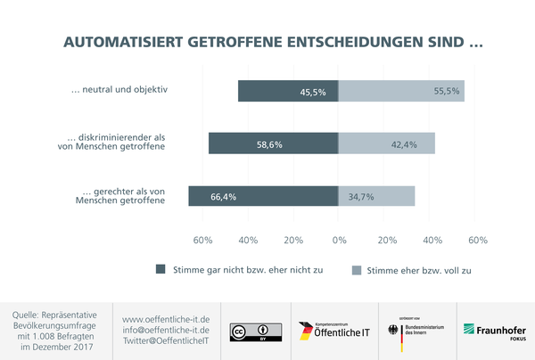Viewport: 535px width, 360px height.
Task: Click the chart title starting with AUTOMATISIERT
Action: point(267,43)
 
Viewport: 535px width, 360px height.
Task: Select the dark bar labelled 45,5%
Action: point(288,91)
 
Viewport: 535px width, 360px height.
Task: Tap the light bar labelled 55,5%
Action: point(401,91)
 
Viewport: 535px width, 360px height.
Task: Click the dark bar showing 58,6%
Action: point(274,143)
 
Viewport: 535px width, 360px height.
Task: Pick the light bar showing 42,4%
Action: point(386,143)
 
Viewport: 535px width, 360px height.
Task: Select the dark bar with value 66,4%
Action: point(263,196)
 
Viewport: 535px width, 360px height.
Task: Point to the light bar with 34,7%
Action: point(376,196)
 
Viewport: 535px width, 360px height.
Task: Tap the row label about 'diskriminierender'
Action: point(117,143)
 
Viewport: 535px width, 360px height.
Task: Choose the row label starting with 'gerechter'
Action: point(124,195)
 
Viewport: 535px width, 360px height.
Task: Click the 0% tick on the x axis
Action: point(339,241)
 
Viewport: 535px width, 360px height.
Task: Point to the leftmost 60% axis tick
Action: point(202,241)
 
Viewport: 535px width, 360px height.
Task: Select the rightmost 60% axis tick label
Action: point(477,241)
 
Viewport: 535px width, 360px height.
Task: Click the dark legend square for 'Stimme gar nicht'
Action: point(161,269)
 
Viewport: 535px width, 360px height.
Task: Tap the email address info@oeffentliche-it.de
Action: point(165,330)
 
